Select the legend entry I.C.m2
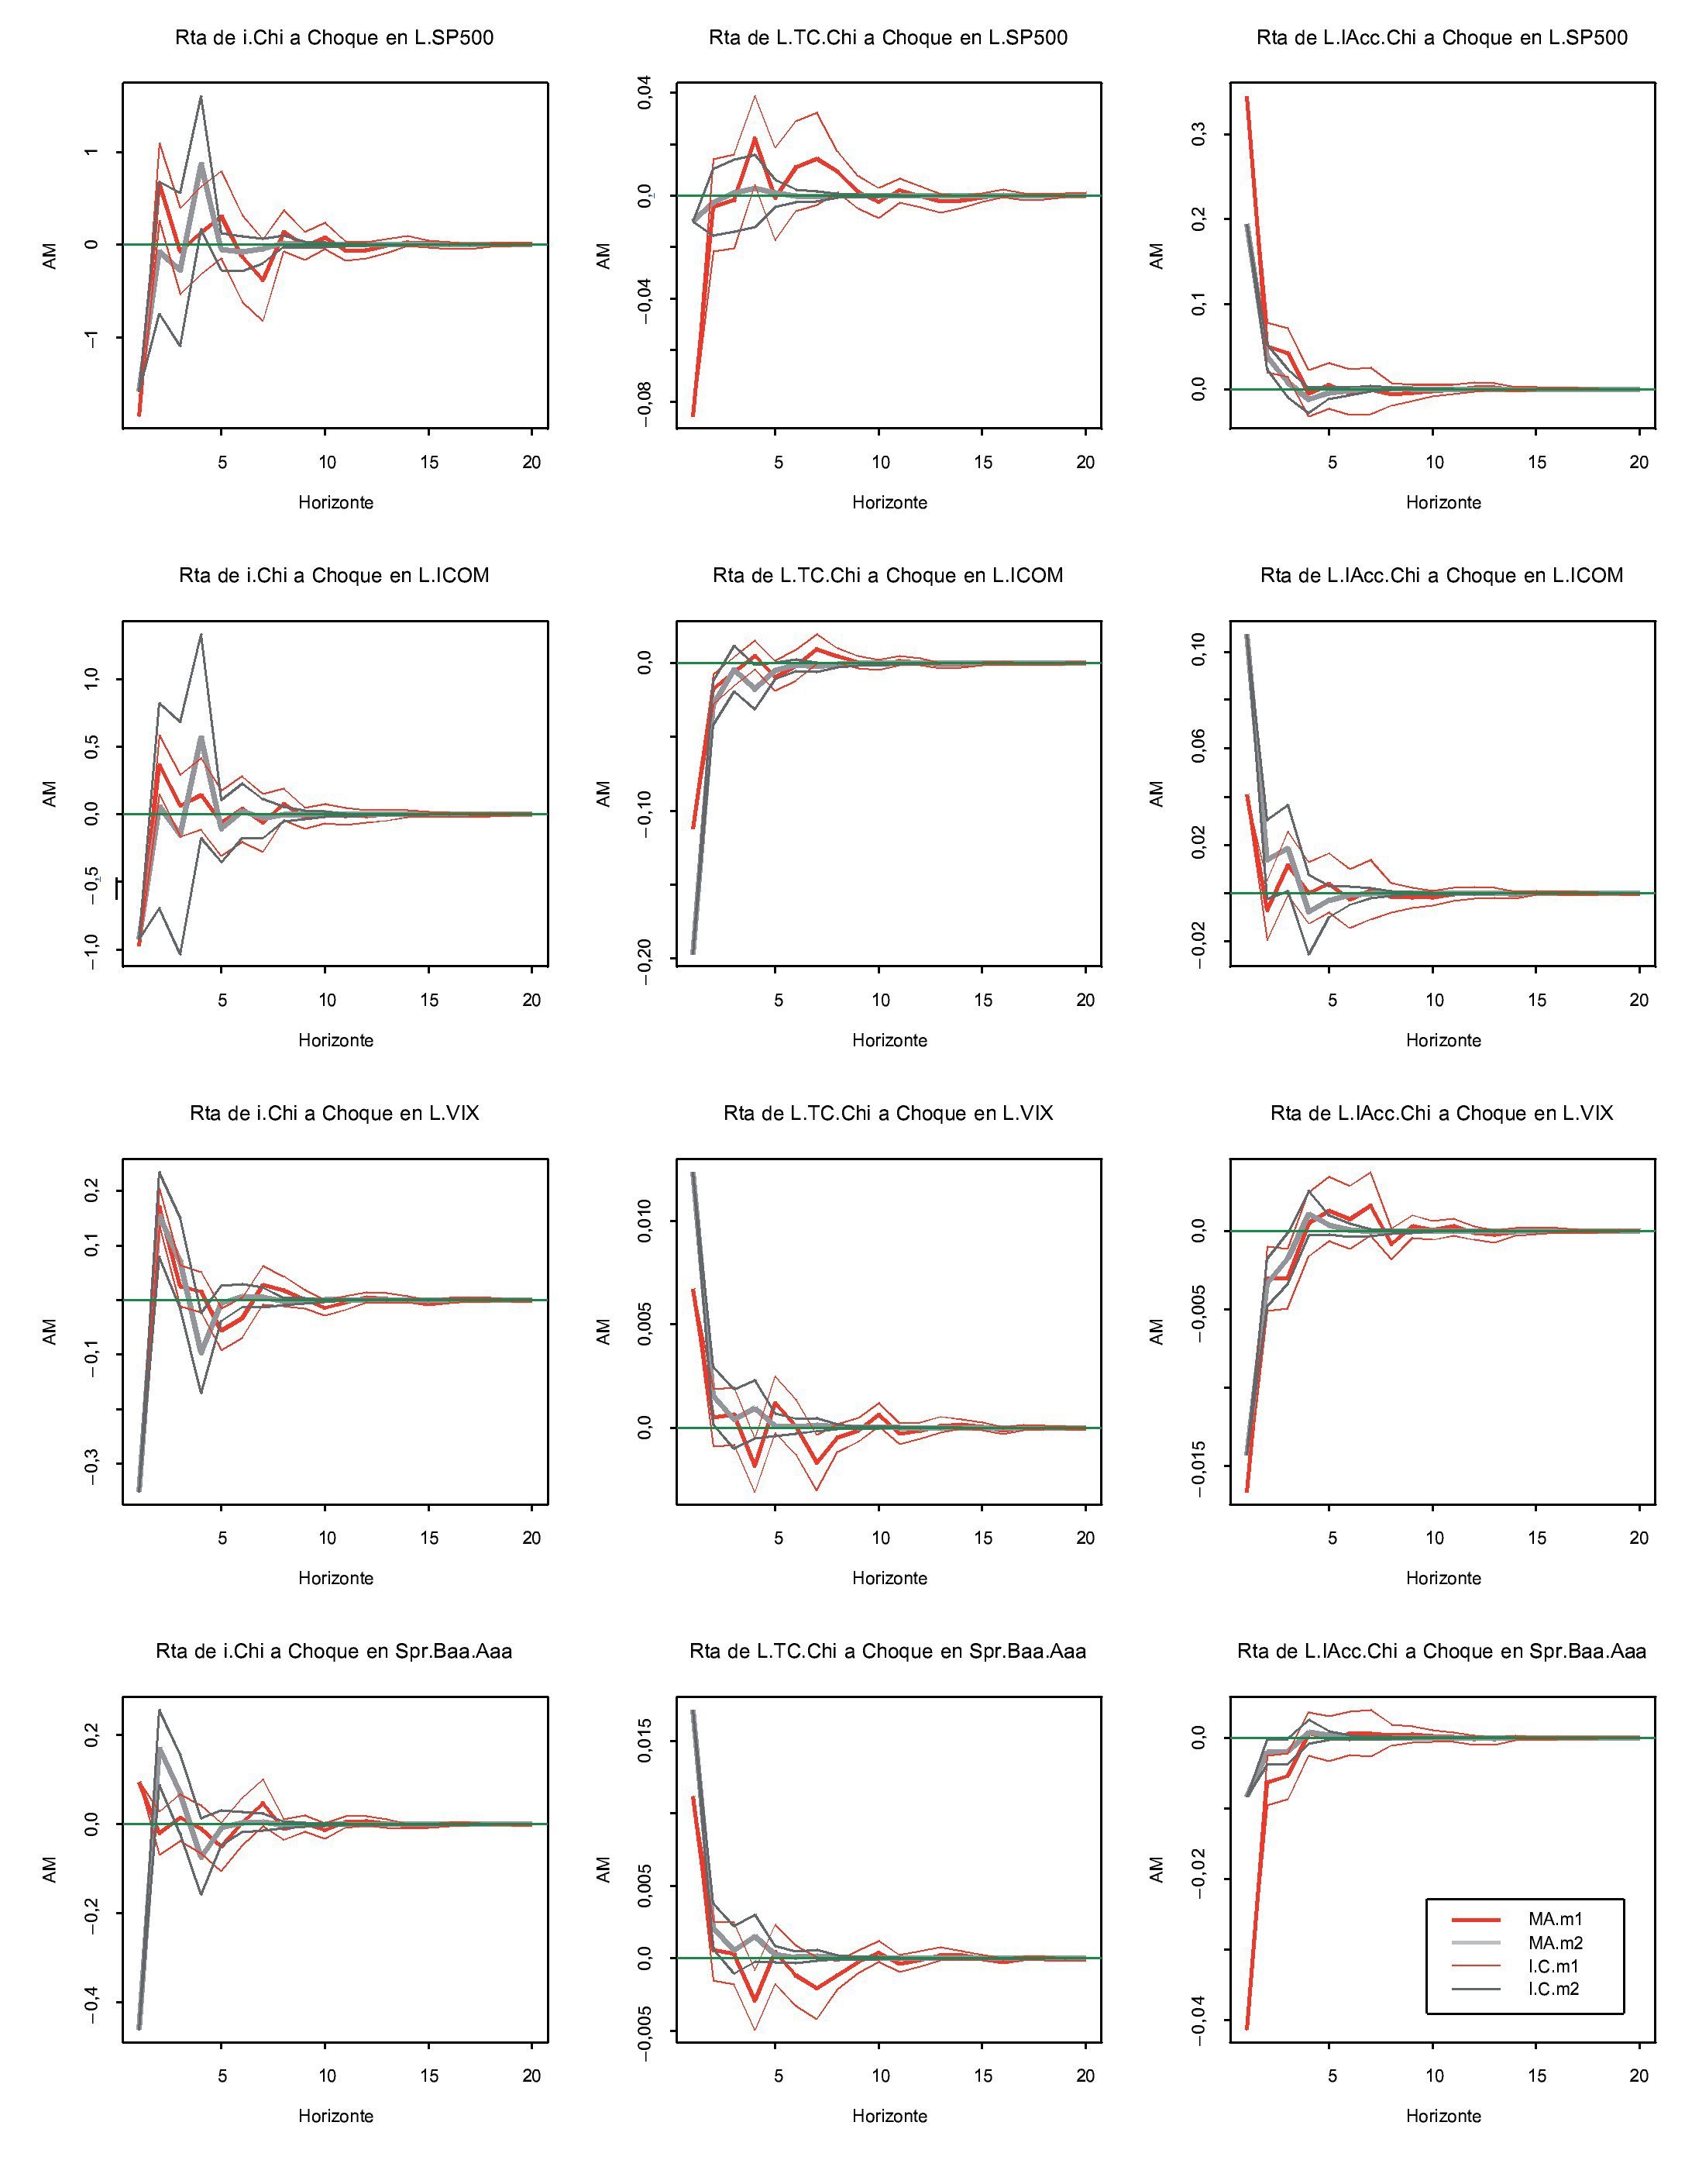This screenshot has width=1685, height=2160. (1555, 1989)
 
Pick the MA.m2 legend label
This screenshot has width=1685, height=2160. (1555, 1942)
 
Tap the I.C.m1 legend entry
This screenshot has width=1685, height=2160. (1555, 1966)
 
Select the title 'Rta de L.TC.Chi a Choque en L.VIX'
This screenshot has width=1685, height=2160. (888, 1114)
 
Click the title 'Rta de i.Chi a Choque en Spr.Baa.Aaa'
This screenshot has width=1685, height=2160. (334, 1652)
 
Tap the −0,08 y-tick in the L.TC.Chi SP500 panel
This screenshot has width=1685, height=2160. (645, 405)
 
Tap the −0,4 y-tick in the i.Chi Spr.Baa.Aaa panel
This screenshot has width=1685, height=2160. (91, 2007)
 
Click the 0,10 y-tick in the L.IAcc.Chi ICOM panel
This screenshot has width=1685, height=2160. (1198, 652)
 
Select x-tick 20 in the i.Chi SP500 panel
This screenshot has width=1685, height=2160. (532, 462)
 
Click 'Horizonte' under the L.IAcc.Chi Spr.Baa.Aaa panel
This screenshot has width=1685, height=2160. (1443, 2117)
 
